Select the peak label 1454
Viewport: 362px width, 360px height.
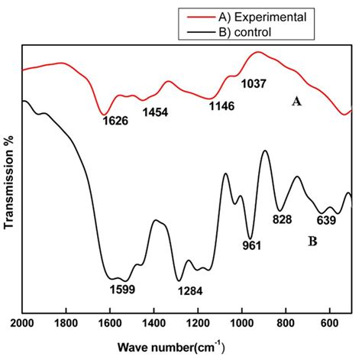(156, 112)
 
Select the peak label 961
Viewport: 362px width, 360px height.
(252, 245)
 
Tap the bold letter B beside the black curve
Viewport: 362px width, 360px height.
(312, 242)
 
